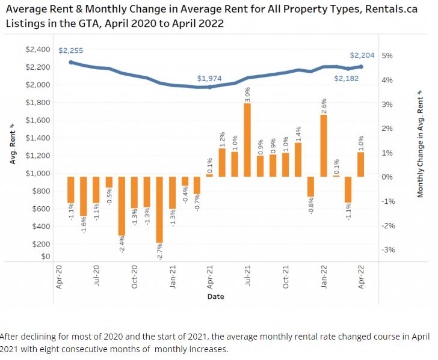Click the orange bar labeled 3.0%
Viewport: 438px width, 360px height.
pos(247,140)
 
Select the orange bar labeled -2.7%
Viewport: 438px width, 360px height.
pos(159,209)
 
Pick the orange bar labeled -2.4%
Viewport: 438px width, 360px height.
pos(122,206)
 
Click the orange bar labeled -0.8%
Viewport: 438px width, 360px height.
pos(310,186)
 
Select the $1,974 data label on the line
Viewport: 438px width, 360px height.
pos(209,79)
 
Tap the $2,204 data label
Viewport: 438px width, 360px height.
pos(362,55)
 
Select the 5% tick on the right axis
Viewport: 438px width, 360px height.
pos(387,56)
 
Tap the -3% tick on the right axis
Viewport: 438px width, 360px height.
pos(387,250)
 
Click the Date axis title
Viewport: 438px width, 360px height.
pos(216,297)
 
